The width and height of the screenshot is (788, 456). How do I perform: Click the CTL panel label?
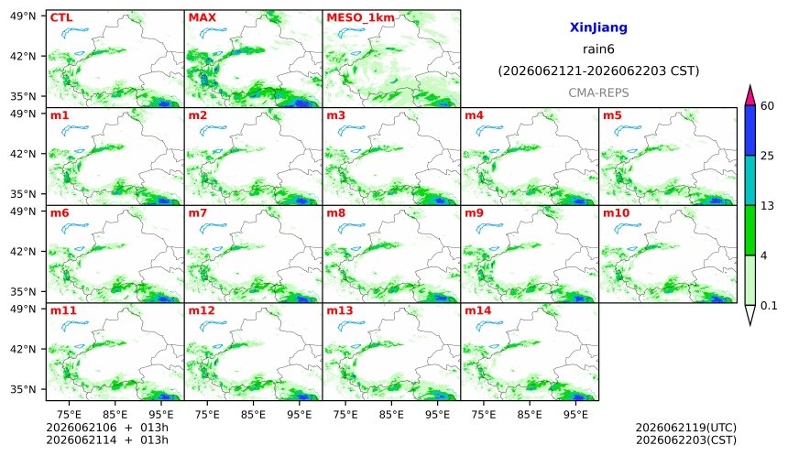coord(61,17)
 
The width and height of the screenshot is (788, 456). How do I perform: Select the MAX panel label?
coord(202,17)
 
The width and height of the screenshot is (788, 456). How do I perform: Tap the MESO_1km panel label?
coord(360,18)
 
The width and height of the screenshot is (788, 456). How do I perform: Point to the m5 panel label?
coord(611,115)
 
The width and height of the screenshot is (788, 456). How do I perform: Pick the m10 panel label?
coord(616,213)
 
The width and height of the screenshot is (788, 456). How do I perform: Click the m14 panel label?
coord(477,310)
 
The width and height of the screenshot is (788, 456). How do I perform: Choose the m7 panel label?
coord(198,213)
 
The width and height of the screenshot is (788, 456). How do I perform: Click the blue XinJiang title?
coord(598,27)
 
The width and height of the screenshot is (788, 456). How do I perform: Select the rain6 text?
coord(598,49)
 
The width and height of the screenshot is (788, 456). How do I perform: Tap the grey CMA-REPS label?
coord(598,92)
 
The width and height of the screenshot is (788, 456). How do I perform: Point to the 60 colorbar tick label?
coord(767,106)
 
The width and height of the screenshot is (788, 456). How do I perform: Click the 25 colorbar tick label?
coord(767,156)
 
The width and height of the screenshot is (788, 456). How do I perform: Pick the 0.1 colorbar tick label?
coord(769,305)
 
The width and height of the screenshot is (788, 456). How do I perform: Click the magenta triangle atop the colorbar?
coord(750,97)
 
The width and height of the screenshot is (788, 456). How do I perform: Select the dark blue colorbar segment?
coord(750,131)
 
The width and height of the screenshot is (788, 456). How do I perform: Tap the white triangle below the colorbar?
coord(750,314)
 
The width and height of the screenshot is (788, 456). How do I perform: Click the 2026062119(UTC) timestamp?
coord(686,428)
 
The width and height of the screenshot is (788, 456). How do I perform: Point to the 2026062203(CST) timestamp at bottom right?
coord(686,440)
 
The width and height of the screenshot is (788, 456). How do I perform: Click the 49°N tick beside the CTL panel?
coord(23,16)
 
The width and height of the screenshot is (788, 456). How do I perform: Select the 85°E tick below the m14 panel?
coord(530,415)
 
